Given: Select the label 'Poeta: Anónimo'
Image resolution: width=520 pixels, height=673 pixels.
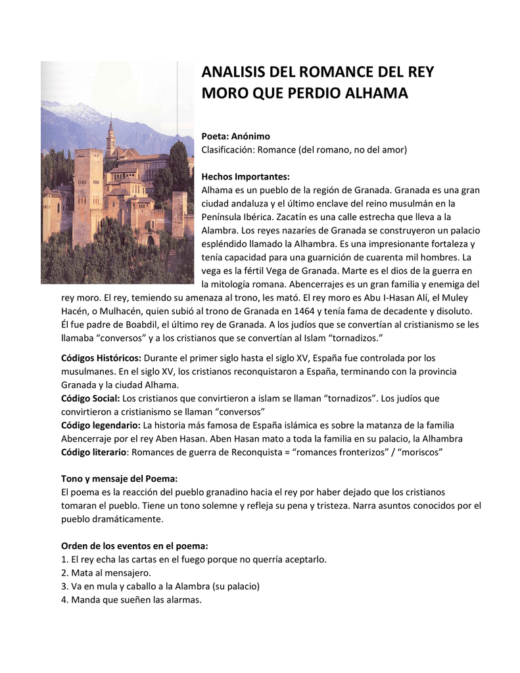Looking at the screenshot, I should (x=235, y=136).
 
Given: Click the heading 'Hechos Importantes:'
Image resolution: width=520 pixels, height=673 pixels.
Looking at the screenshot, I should (x=245, y=176).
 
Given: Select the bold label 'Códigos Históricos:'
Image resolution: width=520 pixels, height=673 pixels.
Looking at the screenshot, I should (x=101, y=358).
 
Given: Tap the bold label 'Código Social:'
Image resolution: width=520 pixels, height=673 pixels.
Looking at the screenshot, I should (x=91, y=398).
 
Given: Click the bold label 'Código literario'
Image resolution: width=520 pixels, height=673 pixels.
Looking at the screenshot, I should (x=93, y=452).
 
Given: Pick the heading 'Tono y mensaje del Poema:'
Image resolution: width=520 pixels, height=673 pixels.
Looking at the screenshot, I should (x=119, y=478).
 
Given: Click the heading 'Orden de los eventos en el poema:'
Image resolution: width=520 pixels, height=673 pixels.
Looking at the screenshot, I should (x=134, y=545).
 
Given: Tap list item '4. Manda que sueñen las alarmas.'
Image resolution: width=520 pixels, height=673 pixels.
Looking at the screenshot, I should (x=131, y=599).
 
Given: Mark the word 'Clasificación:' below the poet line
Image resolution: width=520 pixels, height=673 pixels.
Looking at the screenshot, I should (x=227, y=150).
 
